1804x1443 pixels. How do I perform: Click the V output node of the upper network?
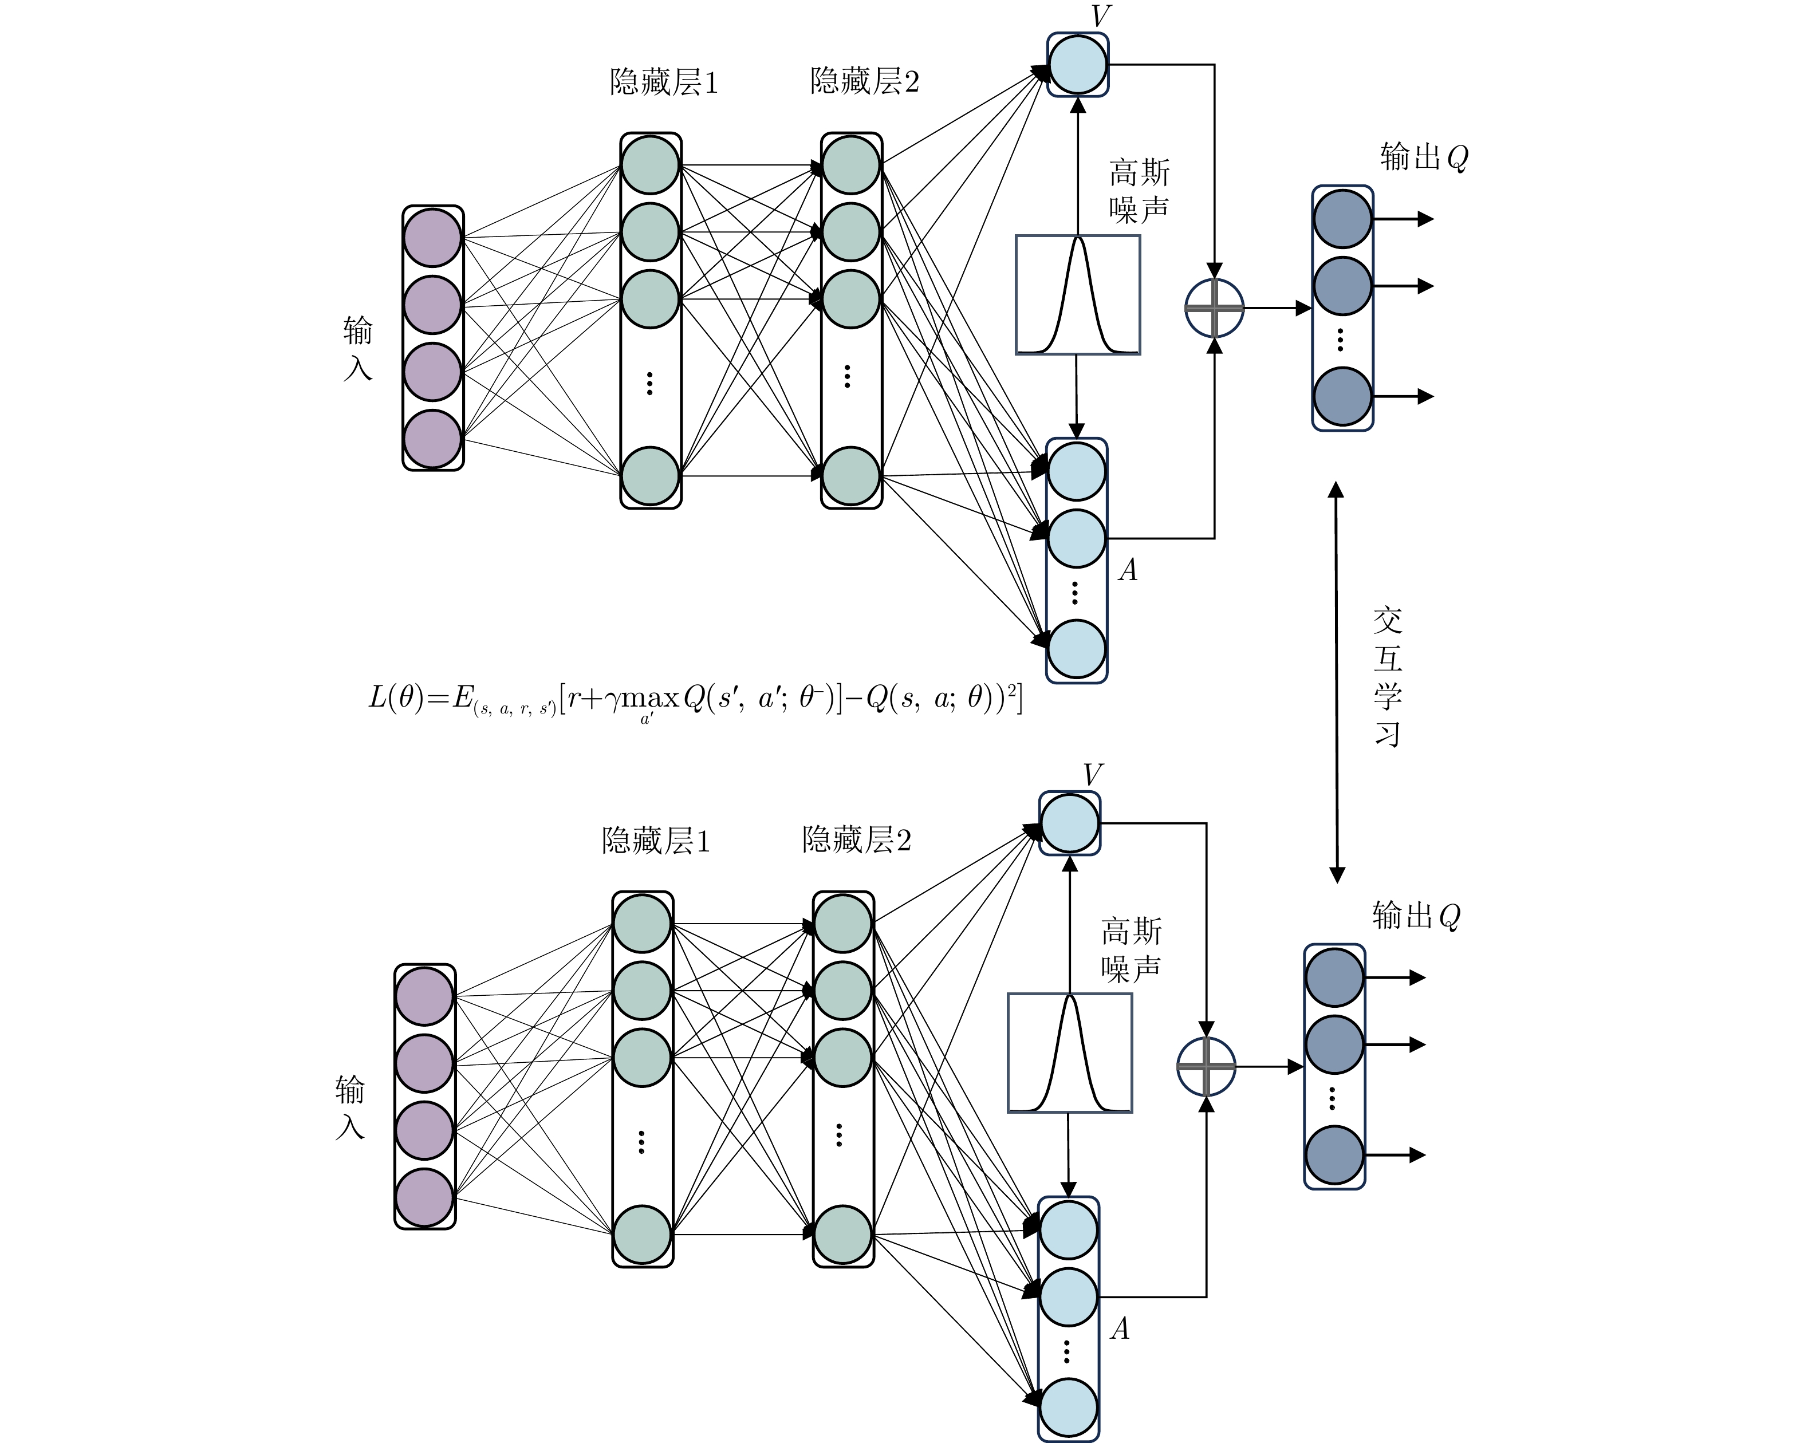[x=1078, y=64]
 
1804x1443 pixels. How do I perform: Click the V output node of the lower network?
[x=1069, y=823]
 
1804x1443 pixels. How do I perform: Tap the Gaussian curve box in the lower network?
[x=1069, y=1053]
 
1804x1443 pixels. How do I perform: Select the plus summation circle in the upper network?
[x=1214, y=308]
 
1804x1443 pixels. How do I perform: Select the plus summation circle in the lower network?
[x=1206, y=1067]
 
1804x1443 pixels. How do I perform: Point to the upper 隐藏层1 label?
[x=664, y=82]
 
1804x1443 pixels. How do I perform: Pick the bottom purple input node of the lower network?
[x=424, y=1198]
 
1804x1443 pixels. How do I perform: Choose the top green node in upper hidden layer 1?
[x=650, y=165]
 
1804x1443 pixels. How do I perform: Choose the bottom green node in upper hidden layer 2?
[x=851, y=476]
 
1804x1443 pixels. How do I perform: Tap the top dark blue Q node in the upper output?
[x=1342, y=218]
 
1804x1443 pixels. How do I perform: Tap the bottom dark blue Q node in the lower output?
[x=1334, y=1155]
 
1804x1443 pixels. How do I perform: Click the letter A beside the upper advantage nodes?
[x=1128, y=570]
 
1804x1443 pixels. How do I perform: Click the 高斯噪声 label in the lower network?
[x=1131, y=949]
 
